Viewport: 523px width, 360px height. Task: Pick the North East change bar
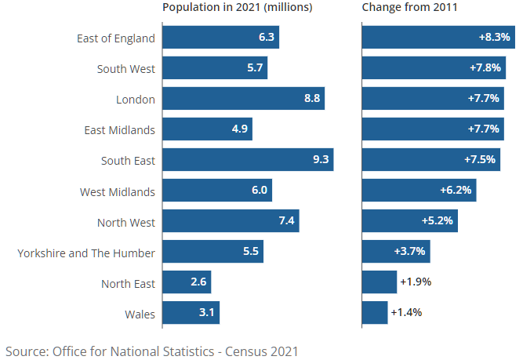click(380, 282)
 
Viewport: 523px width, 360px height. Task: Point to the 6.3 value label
click(266, 38)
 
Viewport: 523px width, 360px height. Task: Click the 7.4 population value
click(286, 221)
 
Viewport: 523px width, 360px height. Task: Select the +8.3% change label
click(494, 38)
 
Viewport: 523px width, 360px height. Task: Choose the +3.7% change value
click(409, 252)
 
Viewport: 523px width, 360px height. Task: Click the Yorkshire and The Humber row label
click(86, 253)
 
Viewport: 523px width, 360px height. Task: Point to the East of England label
click(116, 38)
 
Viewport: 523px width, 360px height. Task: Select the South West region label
click(126, 69)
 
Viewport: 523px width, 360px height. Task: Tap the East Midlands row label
click(120, 130)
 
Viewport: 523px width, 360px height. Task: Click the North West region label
click(126, 222)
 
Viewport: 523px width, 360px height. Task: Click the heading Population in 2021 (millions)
click(237, 8)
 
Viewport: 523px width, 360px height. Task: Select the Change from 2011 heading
click(410, 8)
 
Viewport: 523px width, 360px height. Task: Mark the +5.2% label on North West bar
click(437, 221)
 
